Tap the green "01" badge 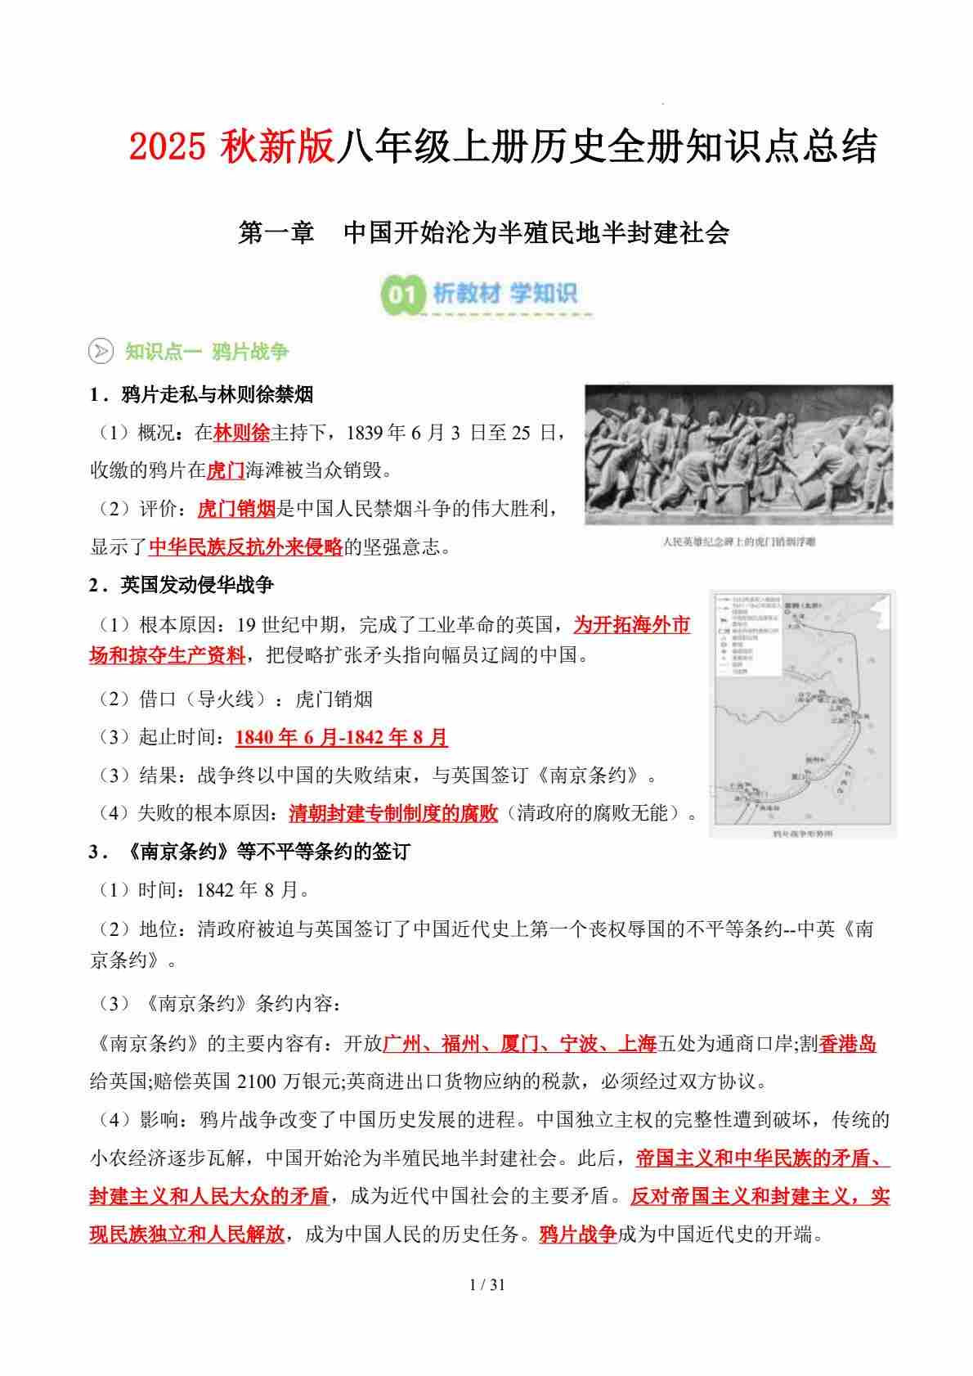point(402,294)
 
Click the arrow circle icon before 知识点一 point(101,352)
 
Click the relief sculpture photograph point(738,456)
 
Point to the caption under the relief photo point(738,541)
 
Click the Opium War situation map point(802,707)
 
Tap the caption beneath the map point(802,834)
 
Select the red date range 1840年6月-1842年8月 point(341,737)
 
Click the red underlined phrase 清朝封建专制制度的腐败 point(393,813)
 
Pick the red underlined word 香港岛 point(847,1044)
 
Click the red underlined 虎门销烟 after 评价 point(236,509)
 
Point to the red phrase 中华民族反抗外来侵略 point(245,546)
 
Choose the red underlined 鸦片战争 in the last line point(577,1234)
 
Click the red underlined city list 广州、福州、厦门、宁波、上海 point(520,1044)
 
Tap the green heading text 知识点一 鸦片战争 point(207,352)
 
